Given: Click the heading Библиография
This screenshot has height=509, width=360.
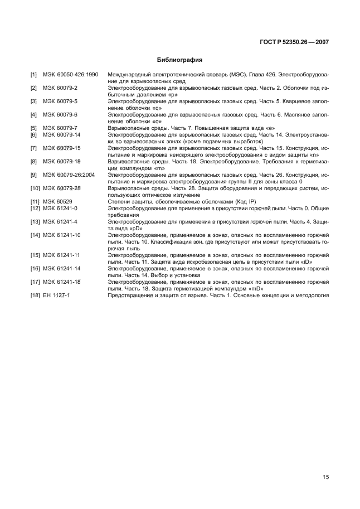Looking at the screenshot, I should coord(179,59).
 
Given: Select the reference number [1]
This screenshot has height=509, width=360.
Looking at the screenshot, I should coord(33,74).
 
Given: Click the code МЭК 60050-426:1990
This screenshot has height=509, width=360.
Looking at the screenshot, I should coord(70,74).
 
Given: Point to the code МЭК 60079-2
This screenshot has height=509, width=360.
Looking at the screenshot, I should coord(60,88).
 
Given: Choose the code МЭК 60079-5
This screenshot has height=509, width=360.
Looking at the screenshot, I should coord(60,101).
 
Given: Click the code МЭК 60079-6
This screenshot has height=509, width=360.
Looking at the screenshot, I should coord(60,114).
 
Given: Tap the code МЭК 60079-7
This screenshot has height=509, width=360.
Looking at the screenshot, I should coord(60,128).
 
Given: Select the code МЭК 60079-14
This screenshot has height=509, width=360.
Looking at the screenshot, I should coord(62,134).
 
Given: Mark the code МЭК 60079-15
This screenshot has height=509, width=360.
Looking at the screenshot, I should coord(62,148).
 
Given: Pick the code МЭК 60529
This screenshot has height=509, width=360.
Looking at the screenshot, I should coord(57,201).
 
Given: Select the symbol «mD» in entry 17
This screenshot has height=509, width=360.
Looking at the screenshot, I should coord(254,288).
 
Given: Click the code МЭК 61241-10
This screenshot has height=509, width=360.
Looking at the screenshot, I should coord(62,235).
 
